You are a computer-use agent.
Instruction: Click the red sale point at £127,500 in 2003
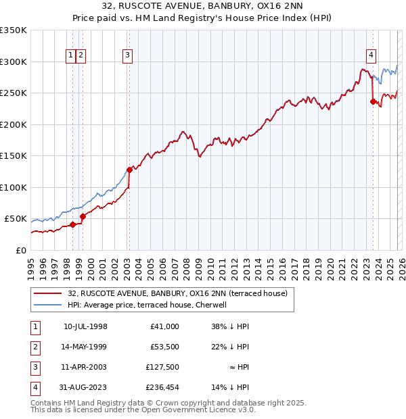click(x=129, y=170)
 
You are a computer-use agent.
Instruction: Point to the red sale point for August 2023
click(x=373, y=101)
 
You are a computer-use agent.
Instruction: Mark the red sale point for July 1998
click(x=72, y=225)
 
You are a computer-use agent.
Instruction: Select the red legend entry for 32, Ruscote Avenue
click(x=177, y=293)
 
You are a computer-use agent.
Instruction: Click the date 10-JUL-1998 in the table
click(x=85, y=326)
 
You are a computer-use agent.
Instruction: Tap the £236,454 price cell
click(x=162, y=387)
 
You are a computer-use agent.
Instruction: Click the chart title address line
click(x=203, y=7)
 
